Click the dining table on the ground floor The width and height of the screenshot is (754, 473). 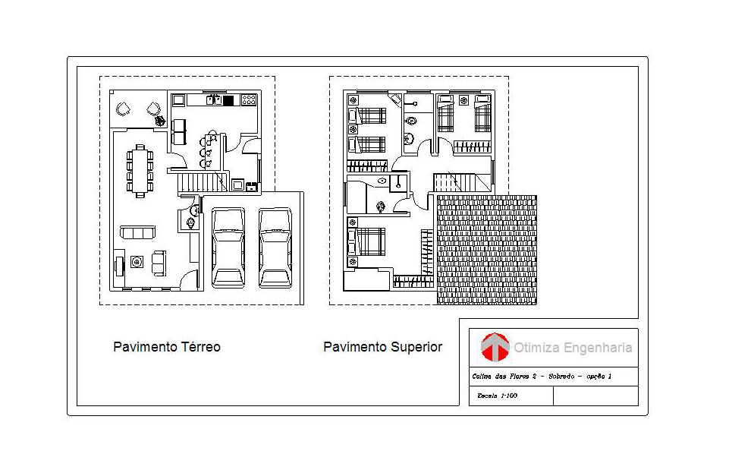(x=140, y=171)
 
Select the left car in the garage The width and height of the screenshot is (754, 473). (x=228, y=248)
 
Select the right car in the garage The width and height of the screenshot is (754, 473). (x=275, y=248)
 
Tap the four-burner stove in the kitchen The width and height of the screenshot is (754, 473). (x=249, y=100)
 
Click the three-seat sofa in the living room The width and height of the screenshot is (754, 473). (x=137, y=232)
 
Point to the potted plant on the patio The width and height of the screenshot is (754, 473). (x=160, y=120)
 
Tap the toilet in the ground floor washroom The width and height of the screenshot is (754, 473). (x=191, y=223)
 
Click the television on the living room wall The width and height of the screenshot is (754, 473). (x=119, y=266)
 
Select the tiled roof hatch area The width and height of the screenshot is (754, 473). (x=487, y=250)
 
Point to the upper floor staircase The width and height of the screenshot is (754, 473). (x=462, y=183)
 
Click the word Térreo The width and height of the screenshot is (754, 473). (x=200, y=347)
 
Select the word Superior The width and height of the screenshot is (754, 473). (x=416, y=348)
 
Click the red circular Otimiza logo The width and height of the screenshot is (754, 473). (x=495, y=347)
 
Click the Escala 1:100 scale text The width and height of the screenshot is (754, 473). (x=497, y=396)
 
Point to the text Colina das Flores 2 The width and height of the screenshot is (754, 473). (x=504, y=377)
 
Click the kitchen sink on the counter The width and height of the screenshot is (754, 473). (x=213, y=100)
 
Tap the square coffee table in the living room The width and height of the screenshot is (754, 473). (x=137, y=262)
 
